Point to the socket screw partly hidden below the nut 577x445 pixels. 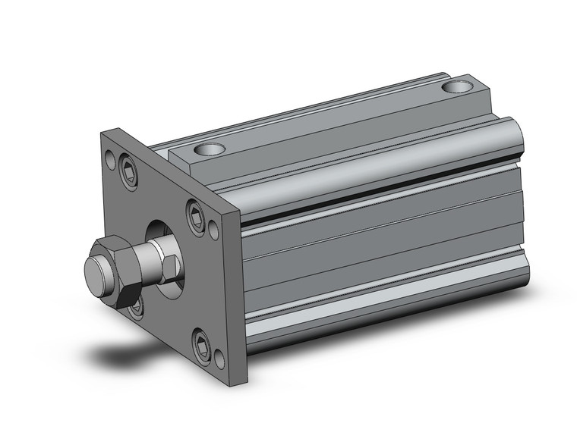tap(135, 307)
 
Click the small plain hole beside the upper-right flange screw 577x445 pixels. tap(216, 224)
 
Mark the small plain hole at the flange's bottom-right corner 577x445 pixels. tap(219, 361)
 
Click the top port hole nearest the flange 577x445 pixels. tap(212, 149)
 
